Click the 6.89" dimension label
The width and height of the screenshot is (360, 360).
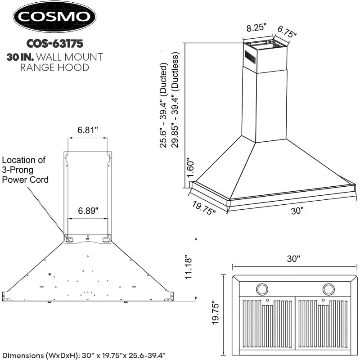tap(88, 211)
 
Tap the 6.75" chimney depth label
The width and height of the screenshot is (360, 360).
tap(287, 31)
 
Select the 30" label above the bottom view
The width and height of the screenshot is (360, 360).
tap(293, 259)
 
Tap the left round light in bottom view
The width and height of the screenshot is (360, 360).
tap(261, 288)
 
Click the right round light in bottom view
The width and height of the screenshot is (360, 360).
tap(329, 288)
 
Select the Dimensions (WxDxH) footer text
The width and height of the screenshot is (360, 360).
tap(84, 355)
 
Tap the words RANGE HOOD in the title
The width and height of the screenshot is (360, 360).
tap(54, 67)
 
